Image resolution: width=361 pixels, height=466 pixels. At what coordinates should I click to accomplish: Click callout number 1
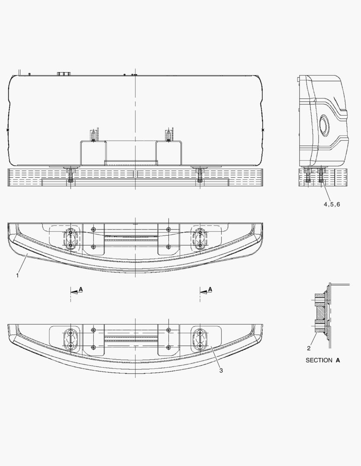click(x=17, y=276)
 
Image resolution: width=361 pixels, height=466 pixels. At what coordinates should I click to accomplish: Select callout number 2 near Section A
click(x=309, y=348)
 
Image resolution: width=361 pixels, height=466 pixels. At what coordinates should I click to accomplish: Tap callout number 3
click(x=221, y=371)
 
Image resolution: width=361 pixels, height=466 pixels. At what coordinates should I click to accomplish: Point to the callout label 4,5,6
click(x=332, y=205)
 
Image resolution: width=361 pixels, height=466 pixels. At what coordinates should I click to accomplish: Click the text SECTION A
click(x=323, y=360)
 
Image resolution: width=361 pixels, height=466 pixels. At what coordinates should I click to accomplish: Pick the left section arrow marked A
click(x=77, y=291)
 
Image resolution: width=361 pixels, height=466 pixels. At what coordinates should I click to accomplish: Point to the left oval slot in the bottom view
click(x=70, y=340)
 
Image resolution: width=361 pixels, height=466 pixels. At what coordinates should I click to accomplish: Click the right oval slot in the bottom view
click(x=200, y=340)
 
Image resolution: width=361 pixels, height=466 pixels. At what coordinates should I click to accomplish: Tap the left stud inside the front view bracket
click(x=93, y=136)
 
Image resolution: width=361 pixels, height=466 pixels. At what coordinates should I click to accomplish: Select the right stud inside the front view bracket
click(x=168, y=136)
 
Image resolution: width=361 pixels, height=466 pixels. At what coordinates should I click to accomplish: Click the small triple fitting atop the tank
click(x=63, y=74)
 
